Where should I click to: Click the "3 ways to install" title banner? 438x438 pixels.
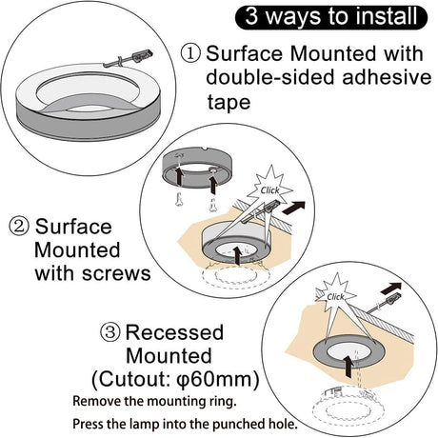331,16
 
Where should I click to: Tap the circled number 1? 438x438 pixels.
190,53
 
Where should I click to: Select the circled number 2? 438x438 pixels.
19,227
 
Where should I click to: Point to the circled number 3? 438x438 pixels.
110,332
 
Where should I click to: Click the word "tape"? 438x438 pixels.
229,103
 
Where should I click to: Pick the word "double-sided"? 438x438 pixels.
269,77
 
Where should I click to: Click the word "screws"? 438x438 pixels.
116,273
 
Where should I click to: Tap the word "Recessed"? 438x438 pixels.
175,332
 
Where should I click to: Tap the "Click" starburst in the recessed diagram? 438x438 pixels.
335,295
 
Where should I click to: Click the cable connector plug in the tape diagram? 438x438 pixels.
142,55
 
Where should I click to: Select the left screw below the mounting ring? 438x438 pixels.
179,199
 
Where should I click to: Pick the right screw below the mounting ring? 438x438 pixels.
212,205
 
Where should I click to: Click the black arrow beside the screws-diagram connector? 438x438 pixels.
293,208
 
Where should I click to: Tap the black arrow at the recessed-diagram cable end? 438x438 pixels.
391,289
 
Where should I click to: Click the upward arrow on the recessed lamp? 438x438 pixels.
348,367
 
